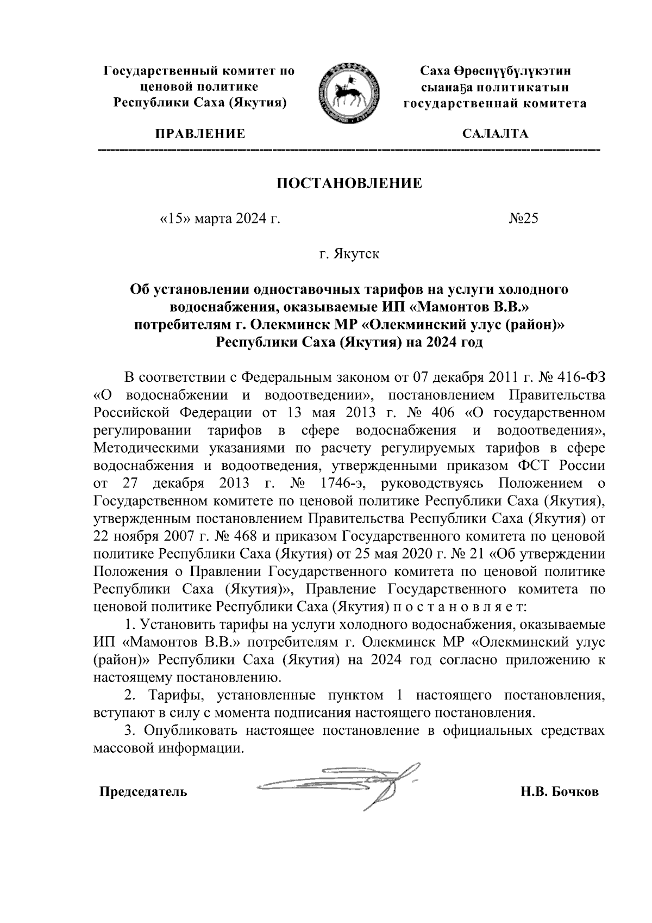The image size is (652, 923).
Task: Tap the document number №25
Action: (523, 219)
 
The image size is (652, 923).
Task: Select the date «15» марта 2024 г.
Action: (221, 219)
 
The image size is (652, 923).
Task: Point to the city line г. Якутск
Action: (349, 254)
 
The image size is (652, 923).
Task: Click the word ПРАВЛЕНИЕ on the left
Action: (200, 134)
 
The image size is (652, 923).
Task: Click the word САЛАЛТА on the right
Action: (494, 134)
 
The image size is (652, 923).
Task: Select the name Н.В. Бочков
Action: (560, 791)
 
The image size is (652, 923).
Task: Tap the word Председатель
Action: (143, 791)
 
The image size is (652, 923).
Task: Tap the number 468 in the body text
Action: (246, 536)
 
